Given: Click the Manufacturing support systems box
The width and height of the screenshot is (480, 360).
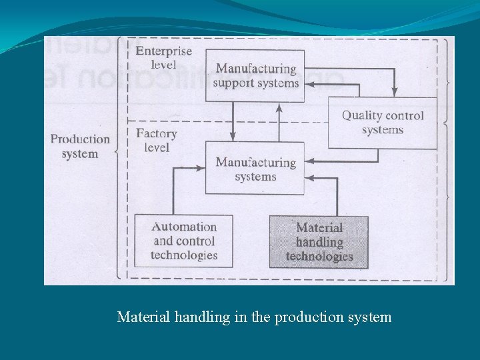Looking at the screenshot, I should pos(255,75).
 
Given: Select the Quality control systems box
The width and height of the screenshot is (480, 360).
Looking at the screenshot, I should pos(383,123).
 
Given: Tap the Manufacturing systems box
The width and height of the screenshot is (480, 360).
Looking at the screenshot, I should pos(255,169).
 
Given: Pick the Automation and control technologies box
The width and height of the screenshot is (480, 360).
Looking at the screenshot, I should pos(184,241).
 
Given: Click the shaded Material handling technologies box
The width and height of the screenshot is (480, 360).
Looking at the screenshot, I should pos(319,242).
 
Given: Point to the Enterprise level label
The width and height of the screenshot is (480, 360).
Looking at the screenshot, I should pos(163,57).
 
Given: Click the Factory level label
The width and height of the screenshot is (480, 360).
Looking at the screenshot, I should pos(156,140).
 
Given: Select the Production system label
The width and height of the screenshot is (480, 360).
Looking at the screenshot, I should pos(80,146).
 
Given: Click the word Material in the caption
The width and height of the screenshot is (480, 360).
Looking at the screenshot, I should pos(143,317).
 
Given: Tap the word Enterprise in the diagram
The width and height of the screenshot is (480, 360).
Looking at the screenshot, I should pos(163,51).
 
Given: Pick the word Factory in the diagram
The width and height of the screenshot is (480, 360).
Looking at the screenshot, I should pos(156,133).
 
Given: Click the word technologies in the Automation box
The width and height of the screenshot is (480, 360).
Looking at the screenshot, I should pos(184,255).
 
